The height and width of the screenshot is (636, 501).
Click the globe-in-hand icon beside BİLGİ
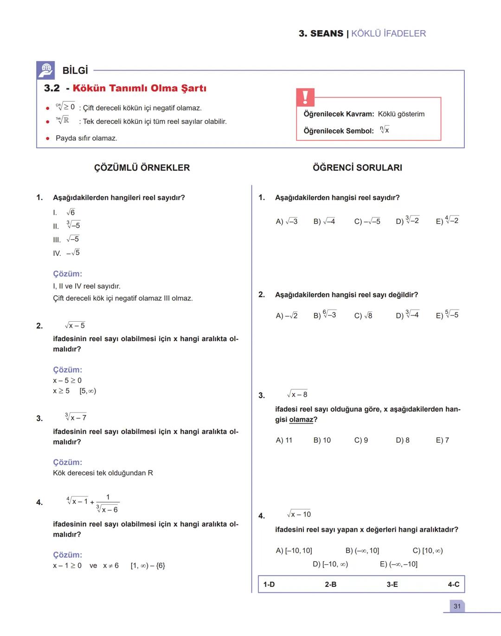point(45,70)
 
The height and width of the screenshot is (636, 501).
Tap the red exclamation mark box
point(305,97)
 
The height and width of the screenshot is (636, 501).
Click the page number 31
point(457,606)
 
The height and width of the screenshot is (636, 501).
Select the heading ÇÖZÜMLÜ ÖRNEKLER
point(142,168)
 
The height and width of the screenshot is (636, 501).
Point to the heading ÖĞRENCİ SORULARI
point(357,168)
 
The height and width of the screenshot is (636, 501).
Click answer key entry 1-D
point(269,585)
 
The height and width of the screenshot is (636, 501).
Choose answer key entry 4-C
point(453,585)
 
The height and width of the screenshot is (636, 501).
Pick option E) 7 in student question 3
point(442,440)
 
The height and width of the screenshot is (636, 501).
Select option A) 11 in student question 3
point(284,440)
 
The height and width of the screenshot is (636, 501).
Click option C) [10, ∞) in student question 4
point(427,551)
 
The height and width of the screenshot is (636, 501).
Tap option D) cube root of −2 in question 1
point(407,221)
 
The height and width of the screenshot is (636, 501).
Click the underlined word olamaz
point(301,420)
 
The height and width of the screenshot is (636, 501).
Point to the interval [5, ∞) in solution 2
point(88,391)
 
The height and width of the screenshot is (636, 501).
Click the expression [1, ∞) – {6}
point(148,566)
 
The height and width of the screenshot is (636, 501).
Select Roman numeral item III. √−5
point(66,239)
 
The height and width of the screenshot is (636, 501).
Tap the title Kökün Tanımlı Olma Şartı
point(139,88)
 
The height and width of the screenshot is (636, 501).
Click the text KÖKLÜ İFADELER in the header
point(388,33)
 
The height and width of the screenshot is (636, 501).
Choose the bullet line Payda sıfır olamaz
point(86,138)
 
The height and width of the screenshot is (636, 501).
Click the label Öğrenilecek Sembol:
point(339,131)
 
